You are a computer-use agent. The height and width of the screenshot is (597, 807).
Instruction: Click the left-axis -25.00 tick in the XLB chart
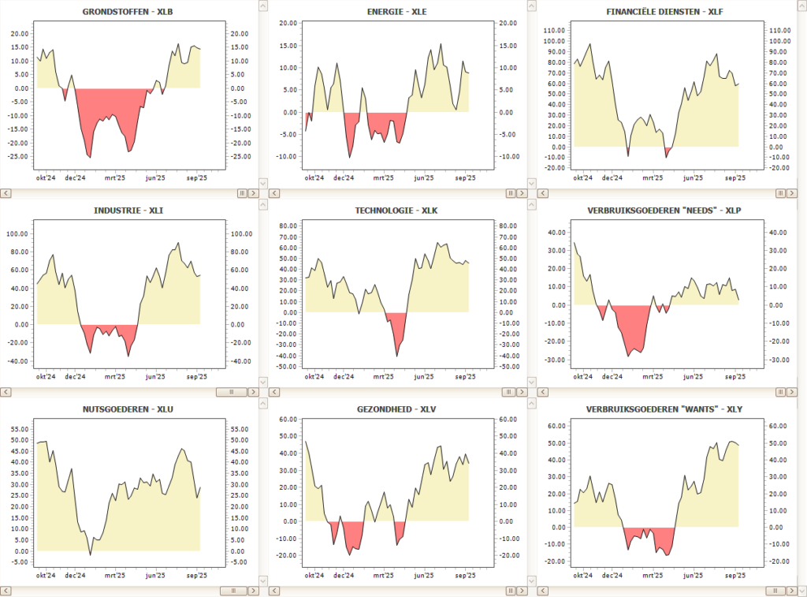(19, 155)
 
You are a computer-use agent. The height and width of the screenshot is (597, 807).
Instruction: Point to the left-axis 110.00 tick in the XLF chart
(555, 30)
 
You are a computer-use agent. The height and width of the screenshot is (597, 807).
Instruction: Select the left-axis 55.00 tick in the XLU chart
(19, 428)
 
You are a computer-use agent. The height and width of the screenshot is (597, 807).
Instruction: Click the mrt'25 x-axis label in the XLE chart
(384, 178)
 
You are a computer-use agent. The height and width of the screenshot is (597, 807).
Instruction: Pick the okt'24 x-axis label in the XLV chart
(314, 576)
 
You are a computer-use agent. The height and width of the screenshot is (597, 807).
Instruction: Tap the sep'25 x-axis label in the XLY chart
(734, 576)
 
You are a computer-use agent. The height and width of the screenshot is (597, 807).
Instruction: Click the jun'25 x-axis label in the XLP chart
(694, 377)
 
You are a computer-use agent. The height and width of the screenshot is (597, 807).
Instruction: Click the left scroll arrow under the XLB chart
(6, 192)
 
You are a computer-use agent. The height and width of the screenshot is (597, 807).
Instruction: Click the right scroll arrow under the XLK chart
(522, 391)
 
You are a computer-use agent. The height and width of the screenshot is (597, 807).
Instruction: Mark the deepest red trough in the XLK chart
(396, 356)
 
